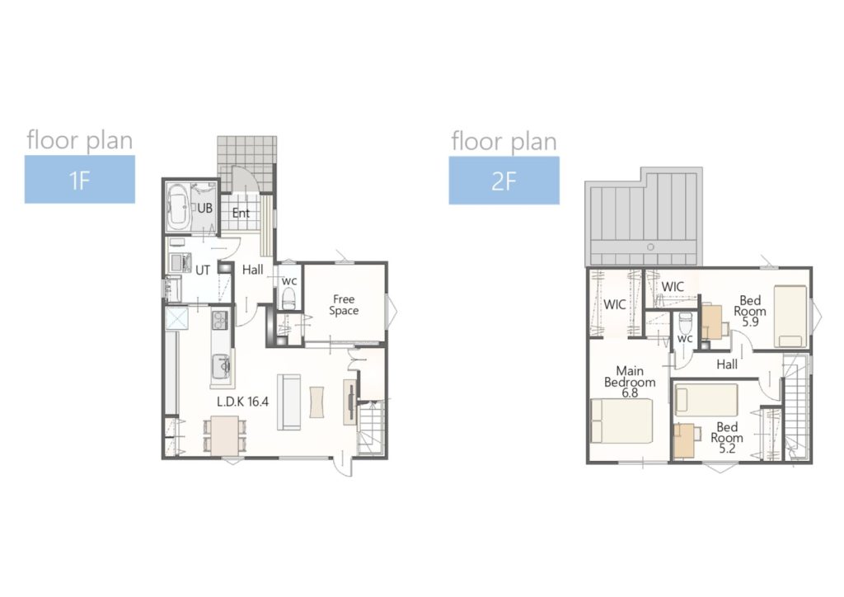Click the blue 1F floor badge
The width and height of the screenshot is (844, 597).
coord(80,179)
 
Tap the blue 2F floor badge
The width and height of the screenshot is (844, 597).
coord(504,181)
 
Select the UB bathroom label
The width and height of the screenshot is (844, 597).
coord(204,208)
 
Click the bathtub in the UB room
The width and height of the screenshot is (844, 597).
coord(178,207)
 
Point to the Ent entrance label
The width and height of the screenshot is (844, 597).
coord(241,214)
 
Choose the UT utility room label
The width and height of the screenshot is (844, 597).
coord(203,270)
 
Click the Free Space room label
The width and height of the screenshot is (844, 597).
coord(344,305)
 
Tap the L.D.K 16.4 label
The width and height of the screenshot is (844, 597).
coord(243,402)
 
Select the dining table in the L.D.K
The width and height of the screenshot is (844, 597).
coord(225,435)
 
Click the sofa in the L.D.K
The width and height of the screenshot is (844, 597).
coord(289,402)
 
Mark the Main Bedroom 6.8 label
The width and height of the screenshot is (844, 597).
coord(630,382)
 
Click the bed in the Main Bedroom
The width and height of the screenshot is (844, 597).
coord(621,421)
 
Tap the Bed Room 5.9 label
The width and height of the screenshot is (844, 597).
coord(750,311)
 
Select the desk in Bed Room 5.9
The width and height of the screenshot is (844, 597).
coord(712,322)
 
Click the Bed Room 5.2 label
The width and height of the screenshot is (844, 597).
coord(727,438)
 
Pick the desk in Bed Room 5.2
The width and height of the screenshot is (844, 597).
coord(684,440)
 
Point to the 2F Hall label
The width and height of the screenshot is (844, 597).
coord(727,364)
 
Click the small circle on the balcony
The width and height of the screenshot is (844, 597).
coord(650,247)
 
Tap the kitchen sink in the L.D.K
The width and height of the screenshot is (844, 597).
coord(221,367)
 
